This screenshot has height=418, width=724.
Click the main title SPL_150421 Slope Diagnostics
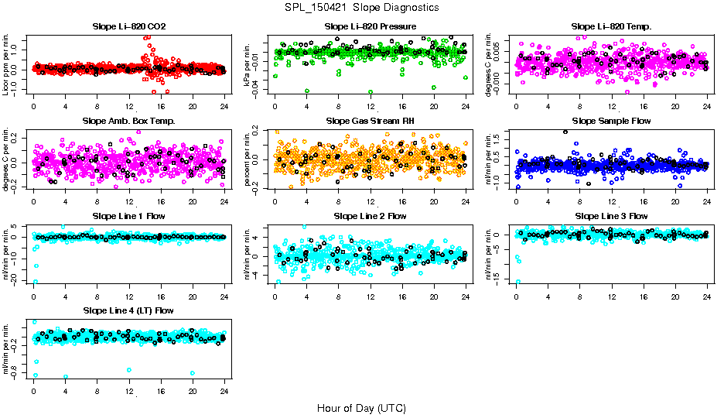361,7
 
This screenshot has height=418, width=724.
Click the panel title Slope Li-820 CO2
128,26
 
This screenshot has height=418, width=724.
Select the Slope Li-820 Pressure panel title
371,26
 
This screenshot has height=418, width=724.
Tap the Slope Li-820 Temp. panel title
611,26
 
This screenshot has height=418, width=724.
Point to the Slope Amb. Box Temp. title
128,121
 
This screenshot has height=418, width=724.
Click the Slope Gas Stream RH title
371,121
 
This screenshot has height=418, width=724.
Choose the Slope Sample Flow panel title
611,121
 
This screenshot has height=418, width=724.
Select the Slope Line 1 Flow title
128,216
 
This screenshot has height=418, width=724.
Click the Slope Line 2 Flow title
371,216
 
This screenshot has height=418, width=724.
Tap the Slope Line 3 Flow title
611,216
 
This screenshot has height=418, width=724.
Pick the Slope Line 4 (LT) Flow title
128,310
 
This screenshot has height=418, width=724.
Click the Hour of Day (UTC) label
361,408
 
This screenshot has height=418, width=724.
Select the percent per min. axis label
248,159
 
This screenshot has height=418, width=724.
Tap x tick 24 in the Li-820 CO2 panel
224,106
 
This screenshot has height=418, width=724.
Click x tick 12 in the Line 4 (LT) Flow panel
129,392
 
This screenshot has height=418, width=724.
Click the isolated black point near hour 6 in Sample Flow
565,132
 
